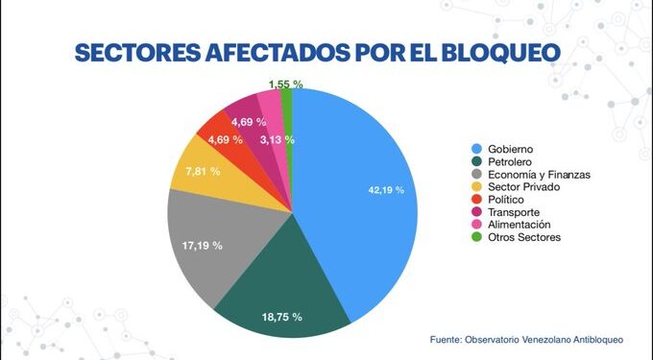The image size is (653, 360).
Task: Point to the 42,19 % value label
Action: [x=386, y=190]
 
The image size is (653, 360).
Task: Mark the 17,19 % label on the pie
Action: [x=203, y=246]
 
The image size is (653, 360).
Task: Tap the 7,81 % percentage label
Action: [x=203, y=171]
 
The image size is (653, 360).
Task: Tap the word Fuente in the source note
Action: [x=447, y=339]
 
